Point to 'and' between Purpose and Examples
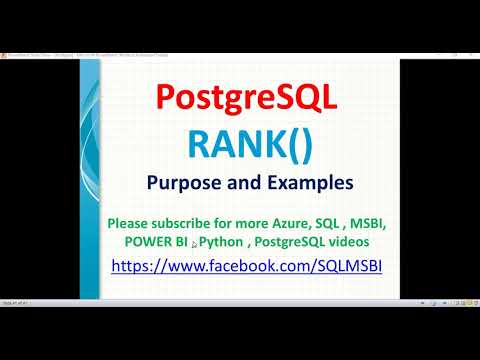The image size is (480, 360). pyautogui.click(x=244, y=185)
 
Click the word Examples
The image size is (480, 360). pyautogui.click(x=299, y=185)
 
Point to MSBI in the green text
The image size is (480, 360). pyautogui.click(x=404, y=221)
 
